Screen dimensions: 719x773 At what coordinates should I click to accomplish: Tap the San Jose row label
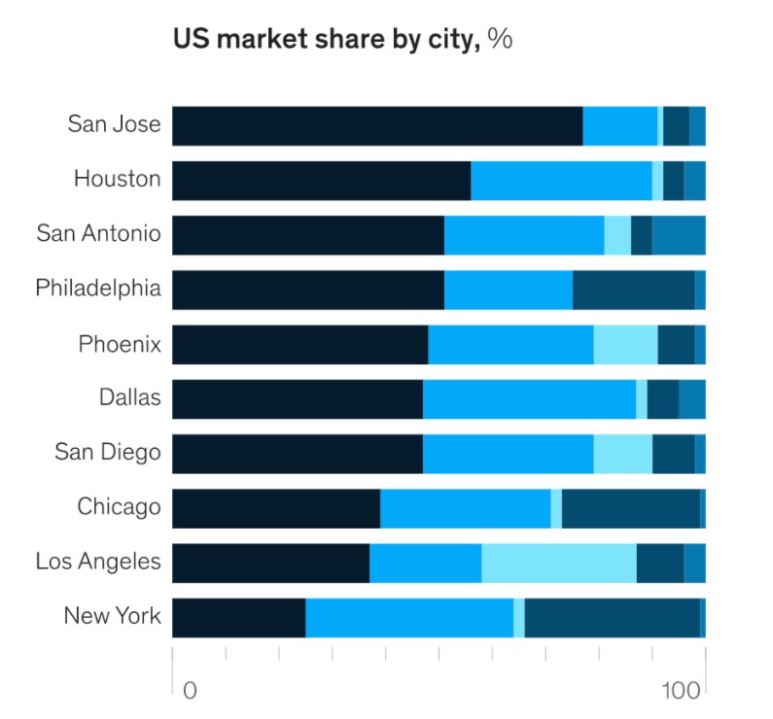[x=114, y=124]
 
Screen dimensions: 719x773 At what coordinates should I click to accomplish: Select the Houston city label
[x=117, y=179]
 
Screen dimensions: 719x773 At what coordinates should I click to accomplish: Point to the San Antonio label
[x=98, y=233]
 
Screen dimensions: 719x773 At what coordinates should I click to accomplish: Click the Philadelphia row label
[x=98, y=289]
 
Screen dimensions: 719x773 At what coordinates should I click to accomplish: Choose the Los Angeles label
[x=98, y=562]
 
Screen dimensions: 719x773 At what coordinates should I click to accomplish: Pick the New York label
[x=112, y=616]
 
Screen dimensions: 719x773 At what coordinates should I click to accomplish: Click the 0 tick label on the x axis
[x=190, y=691]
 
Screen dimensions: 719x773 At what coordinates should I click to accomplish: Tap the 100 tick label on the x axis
[x=681, y=691]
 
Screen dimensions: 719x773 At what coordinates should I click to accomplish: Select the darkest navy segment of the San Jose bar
[x=377, y=126]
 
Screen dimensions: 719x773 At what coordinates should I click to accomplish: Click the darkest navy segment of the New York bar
[x=238, y=618]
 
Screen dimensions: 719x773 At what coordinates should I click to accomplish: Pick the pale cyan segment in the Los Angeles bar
[x=559, y=564]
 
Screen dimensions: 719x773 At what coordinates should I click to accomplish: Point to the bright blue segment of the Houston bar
[x=561, y=181]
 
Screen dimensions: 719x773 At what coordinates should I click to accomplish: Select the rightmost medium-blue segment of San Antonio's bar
[x=678, y=235]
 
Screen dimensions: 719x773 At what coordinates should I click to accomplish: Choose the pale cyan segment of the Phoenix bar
[x=625, y=345]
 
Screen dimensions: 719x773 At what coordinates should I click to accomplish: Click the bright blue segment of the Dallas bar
[x=529, y=399]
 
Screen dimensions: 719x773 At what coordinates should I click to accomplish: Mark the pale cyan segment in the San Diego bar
[x=622, y=454]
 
